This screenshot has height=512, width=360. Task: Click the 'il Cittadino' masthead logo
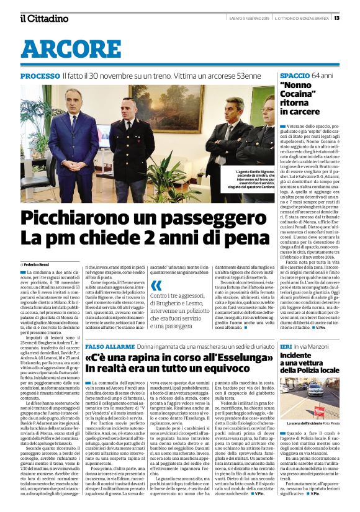[44, 18]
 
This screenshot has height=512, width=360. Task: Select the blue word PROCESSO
[40, 76]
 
